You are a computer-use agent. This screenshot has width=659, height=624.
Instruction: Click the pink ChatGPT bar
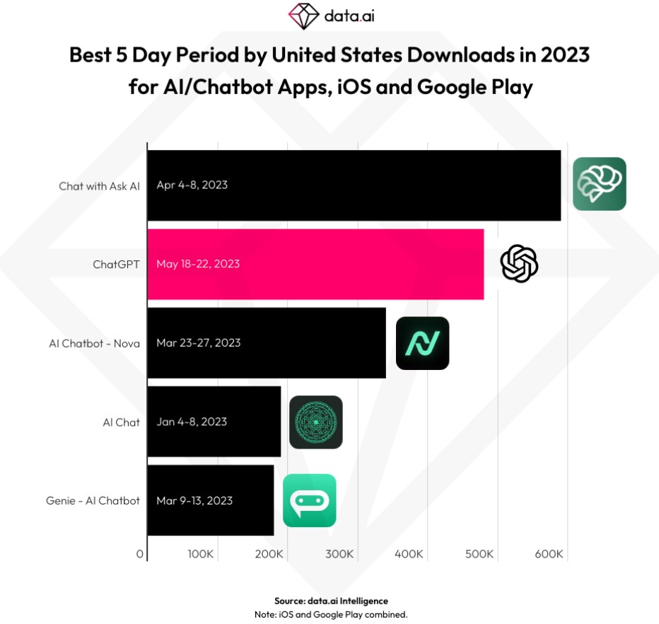point(354,264)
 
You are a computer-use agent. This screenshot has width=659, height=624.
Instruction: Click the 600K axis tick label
point(549,554)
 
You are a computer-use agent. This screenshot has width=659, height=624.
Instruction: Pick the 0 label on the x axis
point(141,554)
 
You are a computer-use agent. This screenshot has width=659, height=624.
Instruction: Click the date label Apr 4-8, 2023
point(192,185)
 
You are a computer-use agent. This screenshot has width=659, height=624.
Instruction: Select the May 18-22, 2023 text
point(198,264)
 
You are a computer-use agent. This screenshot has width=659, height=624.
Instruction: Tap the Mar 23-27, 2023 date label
point(199,343)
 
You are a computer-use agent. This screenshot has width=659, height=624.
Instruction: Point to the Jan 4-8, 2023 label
point(192,422)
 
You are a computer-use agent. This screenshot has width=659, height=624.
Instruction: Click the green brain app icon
point(600,184)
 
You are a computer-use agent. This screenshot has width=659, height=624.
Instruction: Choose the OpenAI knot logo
point(519,264)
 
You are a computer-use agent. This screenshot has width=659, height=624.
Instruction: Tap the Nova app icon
point(423,343)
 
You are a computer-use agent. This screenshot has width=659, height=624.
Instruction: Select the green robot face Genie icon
point(310,501)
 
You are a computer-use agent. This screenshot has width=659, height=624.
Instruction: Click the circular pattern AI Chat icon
point(316,422)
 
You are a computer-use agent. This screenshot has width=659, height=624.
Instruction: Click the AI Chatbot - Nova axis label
point(94,343)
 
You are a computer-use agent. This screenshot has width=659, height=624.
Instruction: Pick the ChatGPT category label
point(116,265)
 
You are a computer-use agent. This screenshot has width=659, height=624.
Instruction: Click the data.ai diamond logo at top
point(304,16)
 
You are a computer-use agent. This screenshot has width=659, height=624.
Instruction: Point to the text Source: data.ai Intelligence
point(331,601)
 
